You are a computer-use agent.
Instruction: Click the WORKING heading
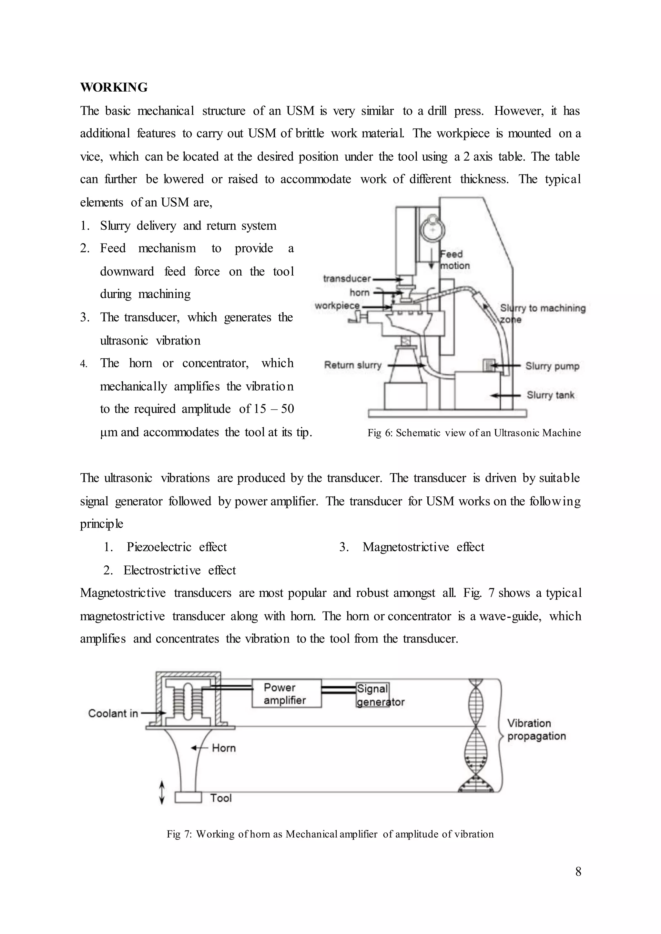click(114, 87)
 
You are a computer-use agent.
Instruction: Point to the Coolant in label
click(113, 713)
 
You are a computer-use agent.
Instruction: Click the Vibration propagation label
click(536, 730)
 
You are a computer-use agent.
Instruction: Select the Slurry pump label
click(552, 366)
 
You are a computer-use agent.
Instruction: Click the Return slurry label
click(352, 365)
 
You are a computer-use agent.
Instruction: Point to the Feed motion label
click(455, 260)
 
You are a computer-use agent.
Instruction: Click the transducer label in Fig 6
click(347, 279)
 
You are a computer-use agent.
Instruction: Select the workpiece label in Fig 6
click(337, 305)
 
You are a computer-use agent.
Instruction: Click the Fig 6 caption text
click(474, 433)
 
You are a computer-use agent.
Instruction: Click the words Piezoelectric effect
click(177, 547)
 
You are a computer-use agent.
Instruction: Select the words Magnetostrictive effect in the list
click(423, 547)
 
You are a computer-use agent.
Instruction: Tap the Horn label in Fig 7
click(223, 748)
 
